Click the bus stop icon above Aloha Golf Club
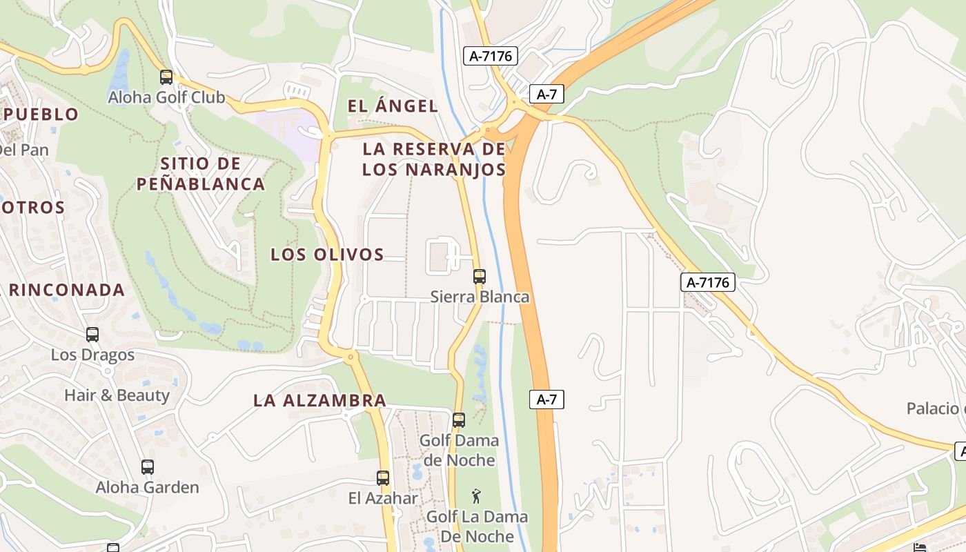click(166, 77)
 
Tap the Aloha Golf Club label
click(166, 97)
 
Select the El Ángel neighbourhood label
click(393, 106)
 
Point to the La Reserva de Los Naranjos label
click(434, 159)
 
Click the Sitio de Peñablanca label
click(200, 174)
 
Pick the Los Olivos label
click(327, 254)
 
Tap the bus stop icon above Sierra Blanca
click(480, 277)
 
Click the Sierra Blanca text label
click(480, 297)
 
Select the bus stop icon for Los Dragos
click(92, 335)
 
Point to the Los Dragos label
click(92, 355)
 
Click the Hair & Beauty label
click(117, 395)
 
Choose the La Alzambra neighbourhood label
click(319, 400)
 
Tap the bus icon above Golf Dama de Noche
click(459, 420)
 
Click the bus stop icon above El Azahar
click(383, 477)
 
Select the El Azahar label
click(383, 497)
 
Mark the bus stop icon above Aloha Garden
click(148, 467)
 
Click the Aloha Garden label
click(148, 487)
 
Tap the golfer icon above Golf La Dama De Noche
click(476, 496)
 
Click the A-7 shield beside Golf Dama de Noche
click(546, 399)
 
